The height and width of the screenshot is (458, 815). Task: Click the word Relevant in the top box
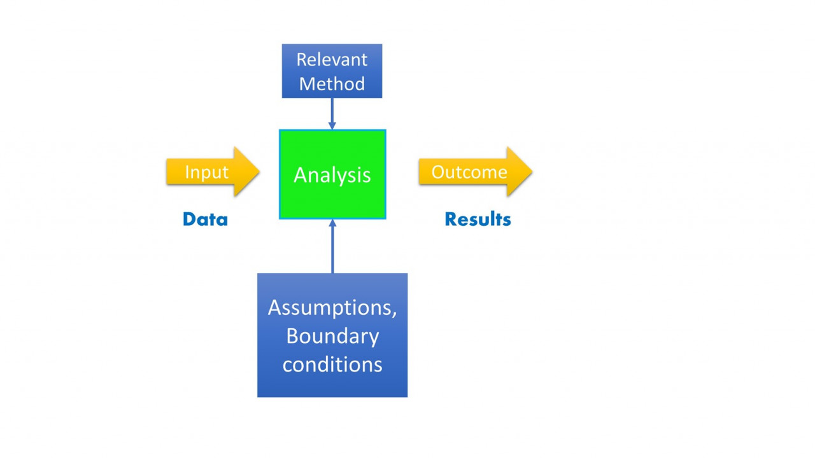(332, 60)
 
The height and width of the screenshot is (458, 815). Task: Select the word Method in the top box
(332, 83)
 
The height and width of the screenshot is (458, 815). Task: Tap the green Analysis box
(332, 174)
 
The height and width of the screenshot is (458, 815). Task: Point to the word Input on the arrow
(207, 172)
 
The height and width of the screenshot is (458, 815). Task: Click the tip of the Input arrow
(259, 172)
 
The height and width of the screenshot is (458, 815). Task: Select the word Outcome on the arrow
(469, 172)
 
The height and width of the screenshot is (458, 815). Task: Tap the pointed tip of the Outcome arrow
(532, 172)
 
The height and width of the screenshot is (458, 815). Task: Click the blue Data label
(205, 219)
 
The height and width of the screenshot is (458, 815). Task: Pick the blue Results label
(478, 219)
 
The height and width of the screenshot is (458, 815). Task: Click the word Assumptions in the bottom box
(330, 309)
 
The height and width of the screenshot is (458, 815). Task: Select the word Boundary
(332, 337)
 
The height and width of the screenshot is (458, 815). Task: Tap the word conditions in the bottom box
(332, 364)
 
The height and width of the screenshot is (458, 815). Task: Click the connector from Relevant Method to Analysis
(332, 114)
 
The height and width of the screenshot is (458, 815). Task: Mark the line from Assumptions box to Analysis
(332, 246)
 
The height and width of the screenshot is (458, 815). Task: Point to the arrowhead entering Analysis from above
(332, 126)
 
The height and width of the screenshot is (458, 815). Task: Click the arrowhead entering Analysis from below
(332, 223)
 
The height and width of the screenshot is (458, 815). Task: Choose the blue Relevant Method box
(332, 71)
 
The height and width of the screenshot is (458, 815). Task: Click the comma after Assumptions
(394, 314)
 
